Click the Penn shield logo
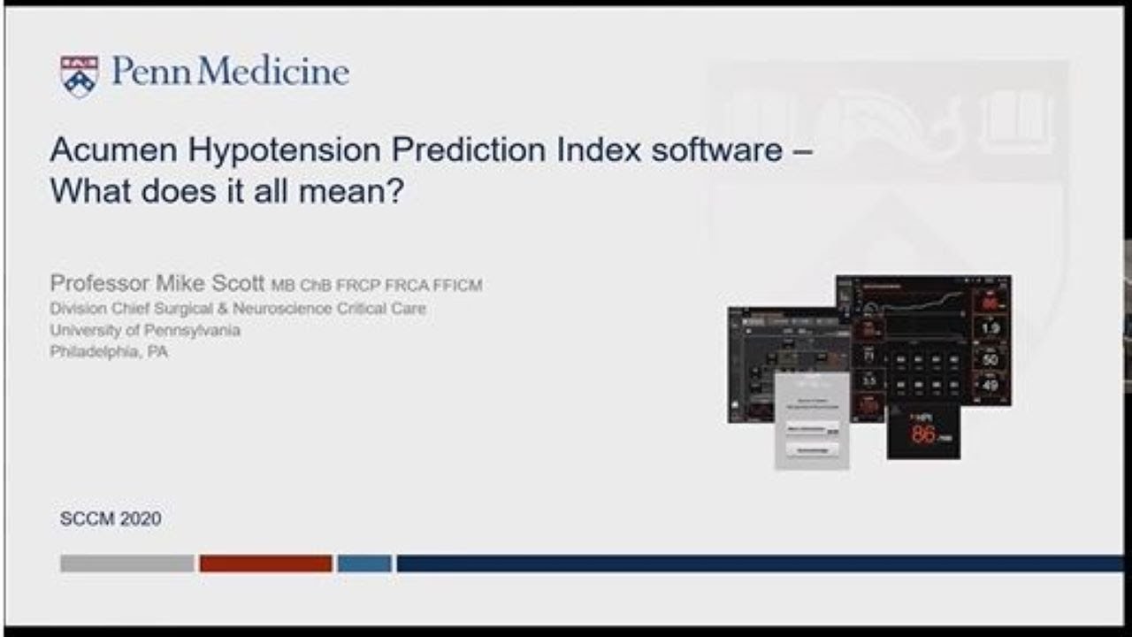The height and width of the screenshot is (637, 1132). tap(79, 75)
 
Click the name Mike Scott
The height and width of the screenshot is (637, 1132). tap(210, 284)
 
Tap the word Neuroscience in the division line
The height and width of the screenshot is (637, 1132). tap(287, 309)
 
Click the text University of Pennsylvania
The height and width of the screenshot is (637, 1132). tap(145, 330)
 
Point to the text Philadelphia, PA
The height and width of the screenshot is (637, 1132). tap(109, 351)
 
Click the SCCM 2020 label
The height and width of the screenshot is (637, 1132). tap(111, 519)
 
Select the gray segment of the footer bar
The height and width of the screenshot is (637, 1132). tap(127, 564)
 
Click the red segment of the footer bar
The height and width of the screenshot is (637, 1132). tap(265, 564)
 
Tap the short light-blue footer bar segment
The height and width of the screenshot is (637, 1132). tap(364, 564)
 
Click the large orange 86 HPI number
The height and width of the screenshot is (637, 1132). tap(923, 434)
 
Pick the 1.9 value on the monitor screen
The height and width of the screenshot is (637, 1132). tap(990, 329)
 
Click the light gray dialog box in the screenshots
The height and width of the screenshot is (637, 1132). tap(812, 420)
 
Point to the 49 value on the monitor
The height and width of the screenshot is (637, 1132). tap(990, 385)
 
